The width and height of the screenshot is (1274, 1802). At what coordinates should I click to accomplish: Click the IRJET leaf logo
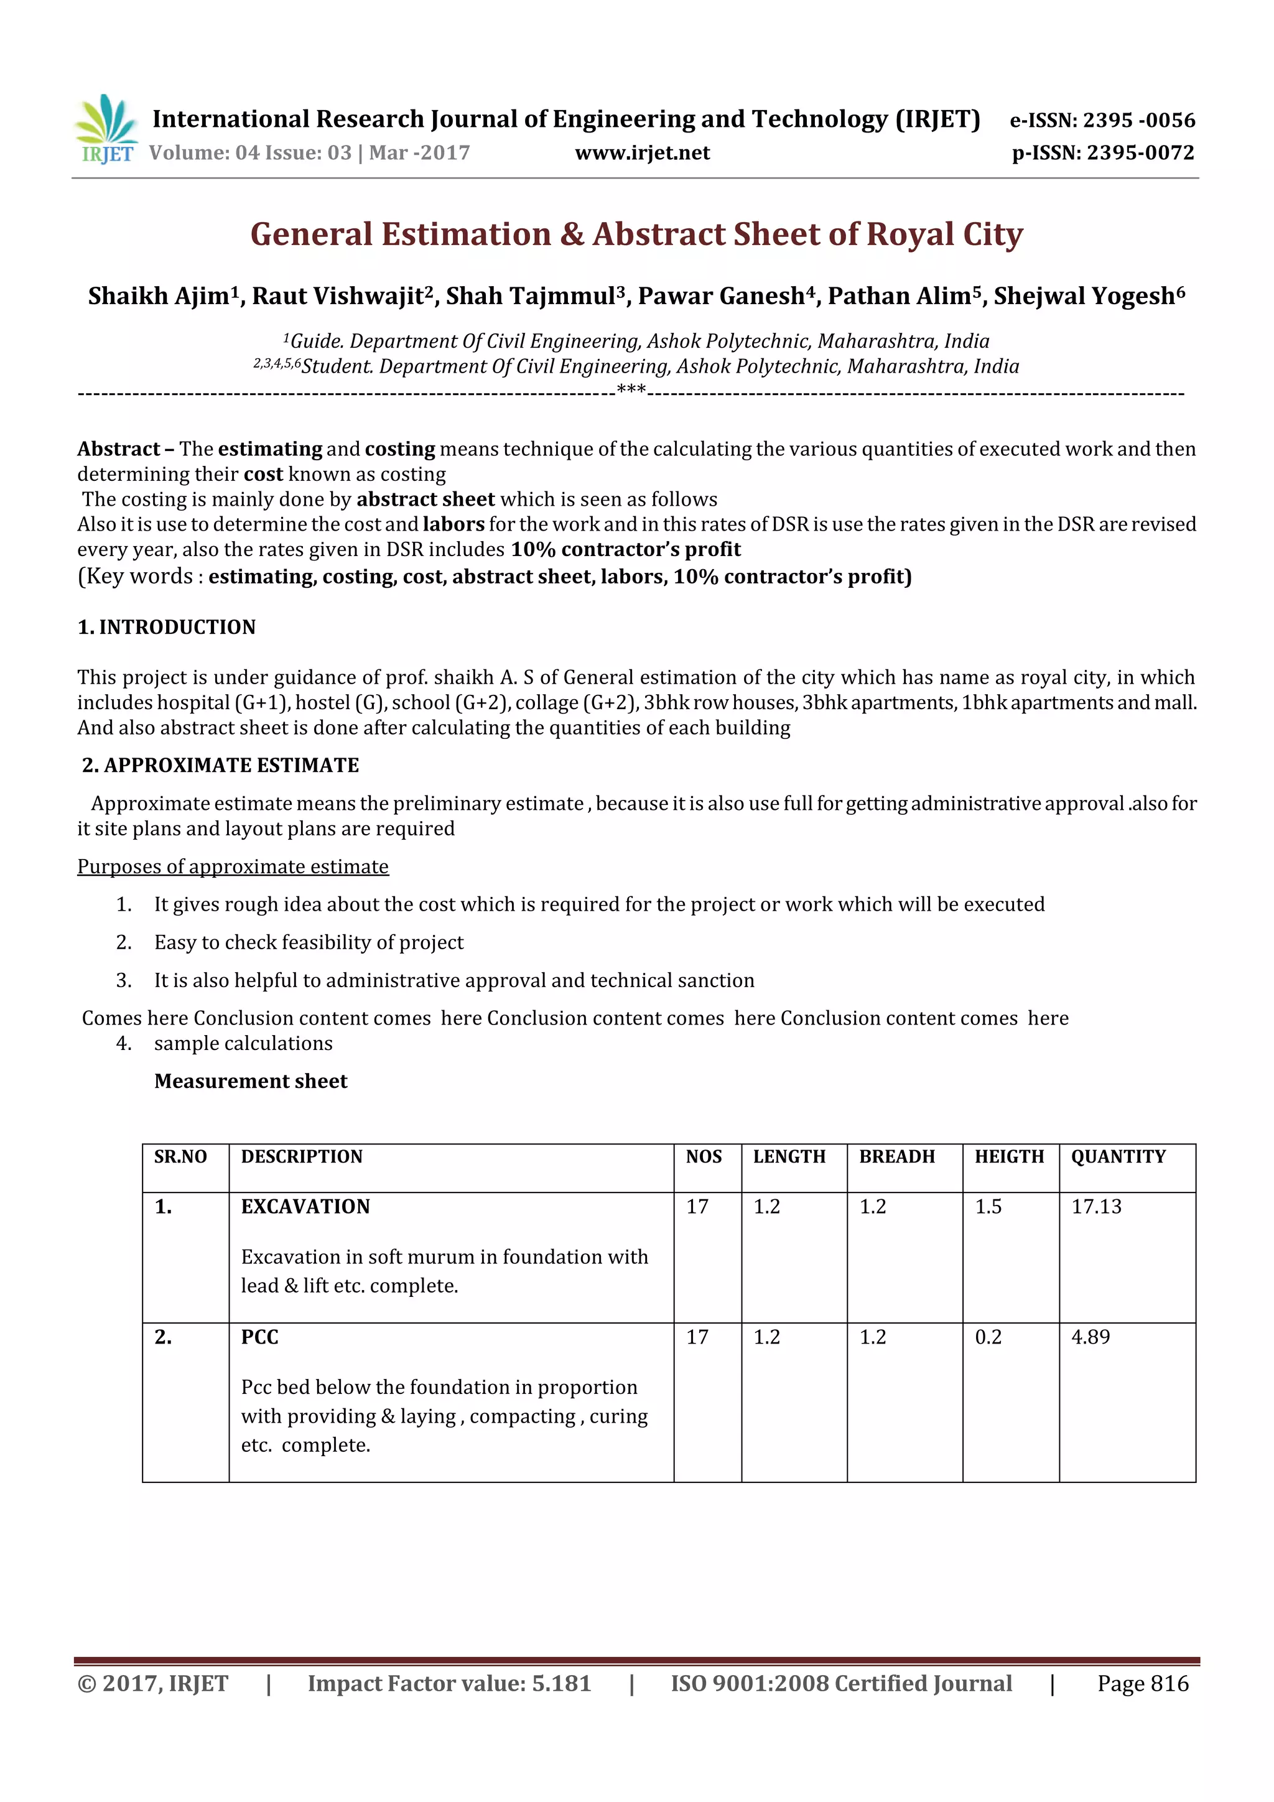click(x=106, y=128)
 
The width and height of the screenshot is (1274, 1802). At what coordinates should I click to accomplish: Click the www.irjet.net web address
click(x=641, y=153)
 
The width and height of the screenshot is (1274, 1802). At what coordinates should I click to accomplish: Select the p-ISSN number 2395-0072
click(x=1140, y=153)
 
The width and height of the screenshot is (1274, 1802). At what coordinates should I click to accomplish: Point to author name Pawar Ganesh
click(x=720, y=296)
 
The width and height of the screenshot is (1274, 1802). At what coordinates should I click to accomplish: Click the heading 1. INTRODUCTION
click(x=167, y=626)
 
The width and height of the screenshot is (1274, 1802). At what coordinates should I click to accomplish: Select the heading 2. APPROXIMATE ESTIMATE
click(x=221, y=764)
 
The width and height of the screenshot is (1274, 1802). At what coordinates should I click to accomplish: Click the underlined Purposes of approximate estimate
click(x=233, y=866)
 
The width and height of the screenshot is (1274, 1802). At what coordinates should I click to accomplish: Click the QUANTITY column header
click(x=1118, y=1156)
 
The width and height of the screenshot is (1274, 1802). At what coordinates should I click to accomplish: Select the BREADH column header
click(x=896, y=1156)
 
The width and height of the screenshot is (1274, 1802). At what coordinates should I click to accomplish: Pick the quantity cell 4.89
click(x=1090, y=1337)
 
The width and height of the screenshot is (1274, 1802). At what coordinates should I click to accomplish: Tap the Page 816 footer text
click(x=1142, y=1683)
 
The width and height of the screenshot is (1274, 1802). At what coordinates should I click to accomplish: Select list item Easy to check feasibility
click(x=309, y=942)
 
